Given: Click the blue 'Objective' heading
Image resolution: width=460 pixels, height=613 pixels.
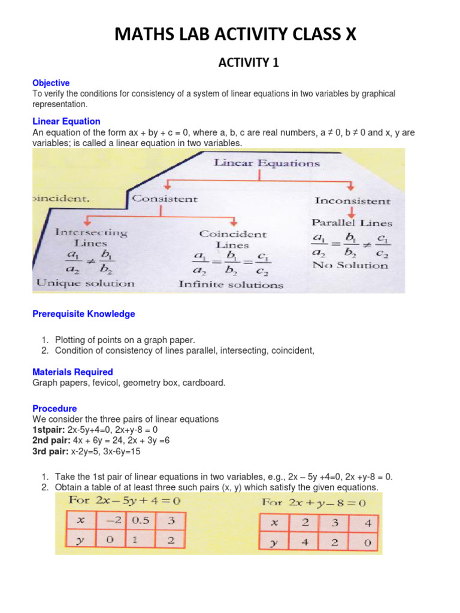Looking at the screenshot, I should point(51,83).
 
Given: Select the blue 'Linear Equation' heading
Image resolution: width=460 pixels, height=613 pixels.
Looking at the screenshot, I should point(66,122).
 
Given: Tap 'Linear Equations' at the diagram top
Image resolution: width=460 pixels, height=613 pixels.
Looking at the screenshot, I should point(267,163).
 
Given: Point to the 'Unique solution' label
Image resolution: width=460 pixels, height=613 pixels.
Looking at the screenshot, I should point(86,283).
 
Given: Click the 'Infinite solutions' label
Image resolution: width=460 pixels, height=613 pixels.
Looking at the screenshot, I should point(231,285).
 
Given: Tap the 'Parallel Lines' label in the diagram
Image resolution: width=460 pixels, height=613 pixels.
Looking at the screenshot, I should point(352,223).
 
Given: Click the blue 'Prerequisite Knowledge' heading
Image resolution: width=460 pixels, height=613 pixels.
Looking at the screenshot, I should point(84,314).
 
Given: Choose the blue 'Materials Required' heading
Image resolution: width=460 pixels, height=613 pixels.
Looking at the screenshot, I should point(72,372).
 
